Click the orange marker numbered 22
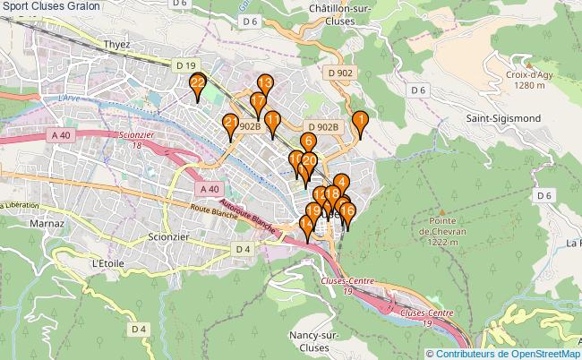click(x=198, y=86)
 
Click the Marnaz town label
click(x=45, y=222)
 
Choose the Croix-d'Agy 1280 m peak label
click(x=525, y=81)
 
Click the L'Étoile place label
click(x=107, y=263)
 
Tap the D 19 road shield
click(x=185, y=65)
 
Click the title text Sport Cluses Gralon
click(x=51, y=7)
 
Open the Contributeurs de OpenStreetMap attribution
click(x=508, y=353)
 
